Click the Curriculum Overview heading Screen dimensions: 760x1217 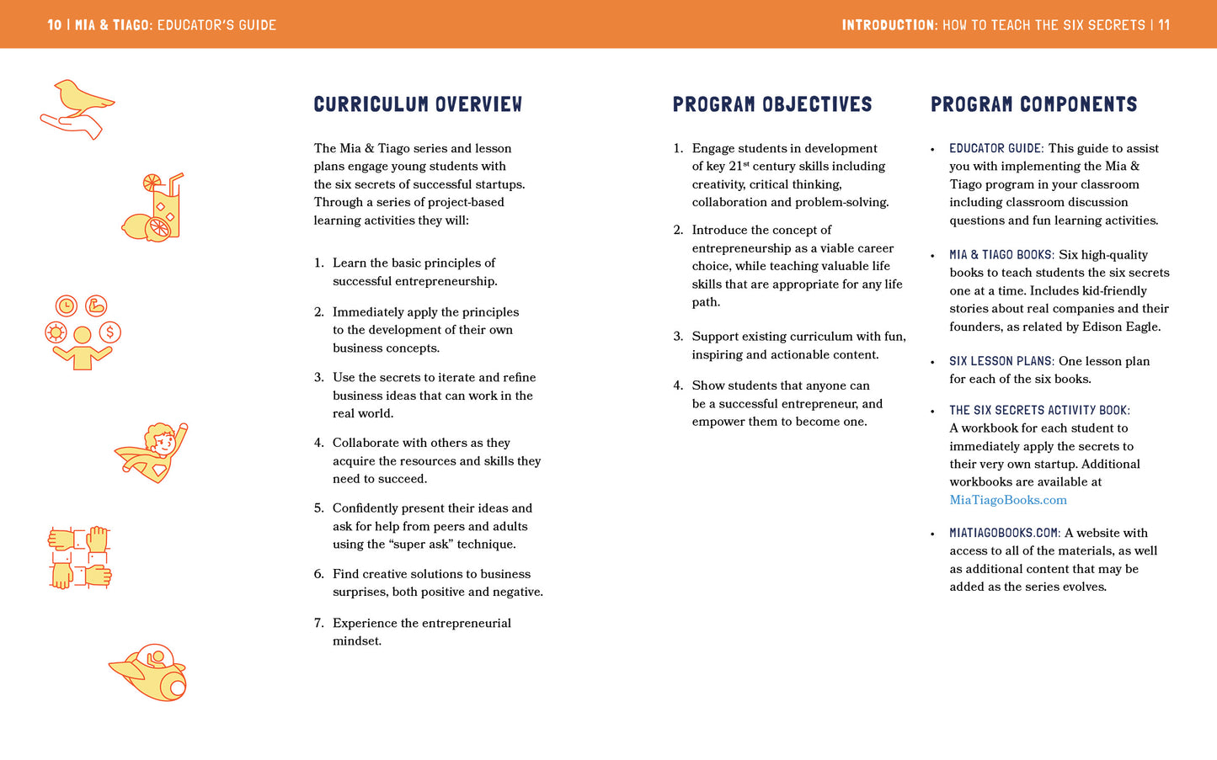418,104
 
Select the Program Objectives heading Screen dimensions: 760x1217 771,104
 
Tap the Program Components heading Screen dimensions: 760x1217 1033,104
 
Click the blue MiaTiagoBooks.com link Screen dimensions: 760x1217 1007,500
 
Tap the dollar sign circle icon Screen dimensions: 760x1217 109,332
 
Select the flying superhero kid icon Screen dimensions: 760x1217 154,452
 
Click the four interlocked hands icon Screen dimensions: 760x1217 79,557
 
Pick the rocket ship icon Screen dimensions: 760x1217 150,673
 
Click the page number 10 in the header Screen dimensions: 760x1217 55,25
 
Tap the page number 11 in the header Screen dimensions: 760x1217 1163,25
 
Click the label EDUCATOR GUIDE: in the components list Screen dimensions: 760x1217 996,148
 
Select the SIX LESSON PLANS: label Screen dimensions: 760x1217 1001,361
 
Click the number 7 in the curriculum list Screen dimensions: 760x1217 318,623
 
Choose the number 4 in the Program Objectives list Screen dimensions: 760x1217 678,385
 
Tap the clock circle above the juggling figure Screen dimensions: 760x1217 66,306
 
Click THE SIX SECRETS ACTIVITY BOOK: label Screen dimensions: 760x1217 1039,411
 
